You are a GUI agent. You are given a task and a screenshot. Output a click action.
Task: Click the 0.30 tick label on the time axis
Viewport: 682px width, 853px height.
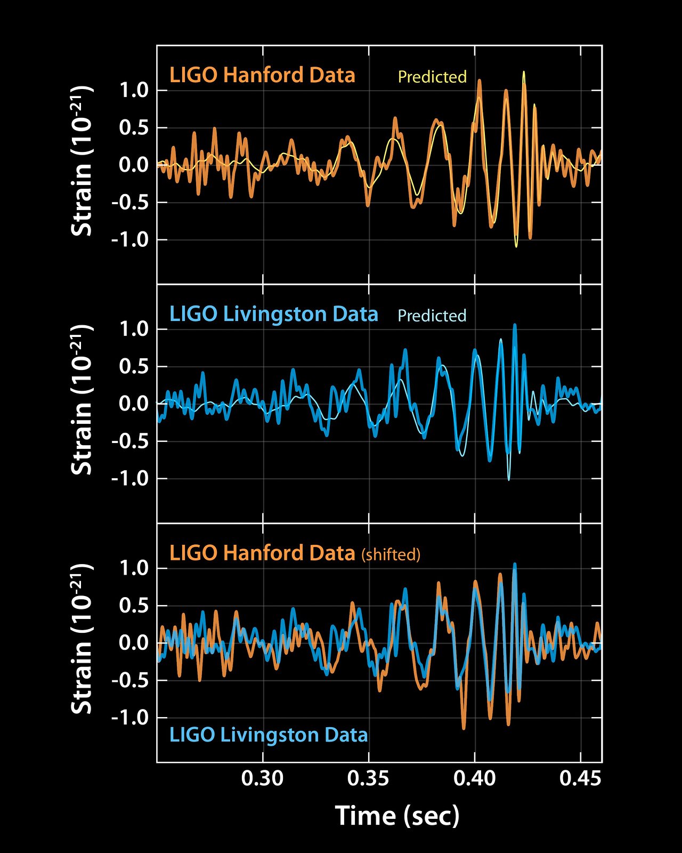[262, 778]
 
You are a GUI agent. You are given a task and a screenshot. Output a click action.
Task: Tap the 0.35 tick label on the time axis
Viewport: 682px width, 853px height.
[368, 778]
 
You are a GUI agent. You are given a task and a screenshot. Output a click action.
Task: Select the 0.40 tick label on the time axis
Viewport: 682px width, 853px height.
[474, 778]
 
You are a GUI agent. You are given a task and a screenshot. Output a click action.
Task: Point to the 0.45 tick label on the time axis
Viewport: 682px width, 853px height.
[580, 778]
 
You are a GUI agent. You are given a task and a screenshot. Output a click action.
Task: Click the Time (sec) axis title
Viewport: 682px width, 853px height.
[397, 816]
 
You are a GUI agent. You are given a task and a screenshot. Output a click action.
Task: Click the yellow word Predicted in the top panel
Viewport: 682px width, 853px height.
[432, 77]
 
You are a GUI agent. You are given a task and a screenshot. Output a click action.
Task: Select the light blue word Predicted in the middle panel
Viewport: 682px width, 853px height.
[432, 316]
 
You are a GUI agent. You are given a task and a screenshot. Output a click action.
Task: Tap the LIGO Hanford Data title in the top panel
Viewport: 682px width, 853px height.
[262, 75]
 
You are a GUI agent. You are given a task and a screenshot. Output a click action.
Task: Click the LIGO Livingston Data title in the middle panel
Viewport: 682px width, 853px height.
[273, 314]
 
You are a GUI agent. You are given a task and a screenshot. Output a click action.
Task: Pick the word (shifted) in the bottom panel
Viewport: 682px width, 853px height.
[391, 555]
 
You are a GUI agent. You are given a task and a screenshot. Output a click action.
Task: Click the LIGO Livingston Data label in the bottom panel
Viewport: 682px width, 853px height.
[269, 735]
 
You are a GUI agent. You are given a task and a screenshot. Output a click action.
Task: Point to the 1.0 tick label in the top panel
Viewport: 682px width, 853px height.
[134, 91]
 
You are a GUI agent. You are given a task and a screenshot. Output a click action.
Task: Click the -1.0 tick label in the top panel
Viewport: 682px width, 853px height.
[129, 240]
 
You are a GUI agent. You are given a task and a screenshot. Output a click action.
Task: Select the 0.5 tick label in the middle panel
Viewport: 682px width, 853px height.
[134, 367]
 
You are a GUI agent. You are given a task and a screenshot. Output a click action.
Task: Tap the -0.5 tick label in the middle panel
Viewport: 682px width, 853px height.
[129, 441]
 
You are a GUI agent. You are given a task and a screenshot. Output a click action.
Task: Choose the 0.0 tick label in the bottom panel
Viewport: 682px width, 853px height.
[134, 643]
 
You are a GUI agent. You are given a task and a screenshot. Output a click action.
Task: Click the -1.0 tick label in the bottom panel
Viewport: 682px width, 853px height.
[129, 718]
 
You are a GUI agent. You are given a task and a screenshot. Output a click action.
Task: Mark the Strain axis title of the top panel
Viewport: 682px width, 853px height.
[82, 160]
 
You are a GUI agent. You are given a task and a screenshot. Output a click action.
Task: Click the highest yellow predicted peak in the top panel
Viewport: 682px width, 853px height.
[524, 72]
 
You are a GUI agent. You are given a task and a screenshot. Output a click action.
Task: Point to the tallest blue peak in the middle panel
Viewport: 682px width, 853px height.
[515, 325]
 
